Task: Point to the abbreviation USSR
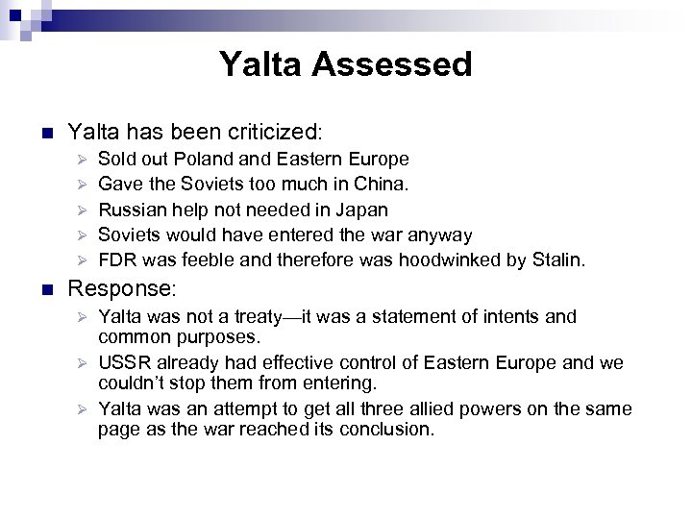123,363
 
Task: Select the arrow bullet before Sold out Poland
83,160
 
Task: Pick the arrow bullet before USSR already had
83,364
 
